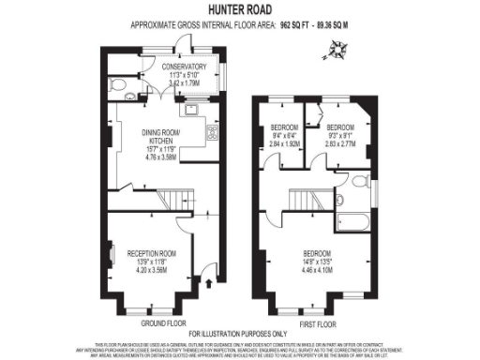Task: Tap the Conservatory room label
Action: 183,67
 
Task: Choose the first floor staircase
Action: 301,198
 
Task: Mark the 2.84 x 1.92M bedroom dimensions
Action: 284,144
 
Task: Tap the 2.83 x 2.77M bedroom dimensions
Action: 338,144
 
